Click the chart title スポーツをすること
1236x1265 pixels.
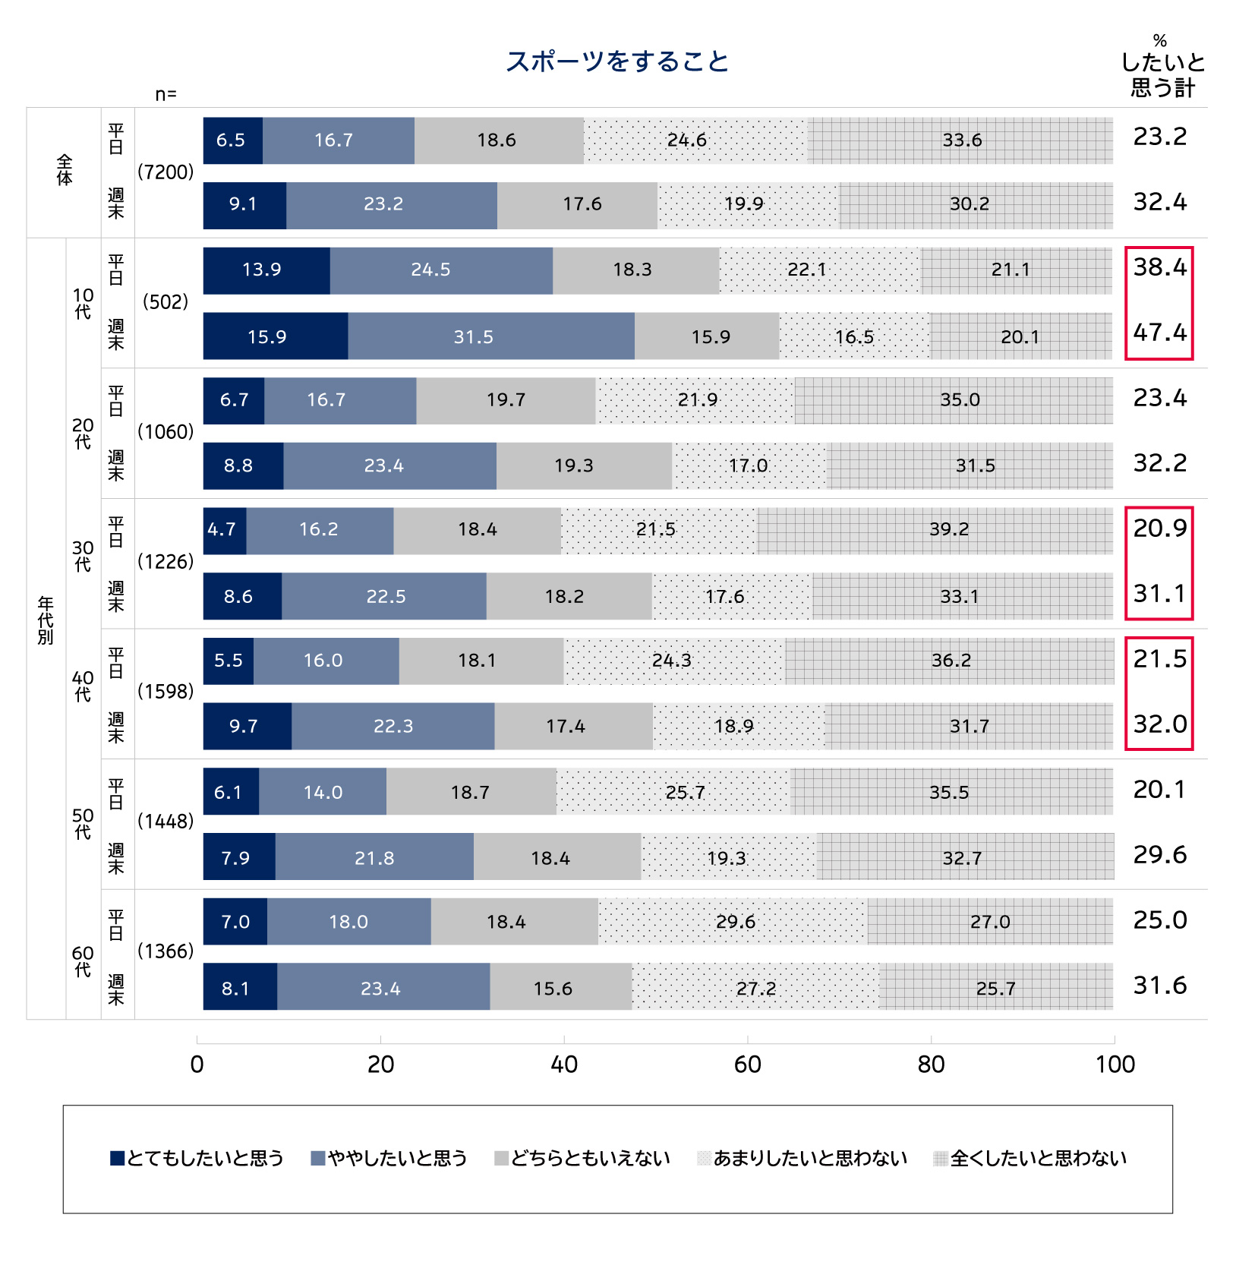click(617, 62)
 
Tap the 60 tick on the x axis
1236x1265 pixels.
click(747, 1064)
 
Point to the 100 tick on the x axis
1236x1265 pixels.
click(1114, 1064)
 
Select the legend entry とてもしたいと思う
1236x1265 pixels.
click(197, 1158)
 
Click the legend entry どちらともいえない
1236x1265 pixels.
click(582, 1158)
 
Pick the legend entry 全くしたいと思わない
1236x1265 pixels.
click(1030, 1158)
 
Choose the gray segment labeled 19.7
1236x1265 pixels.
click(506, 400)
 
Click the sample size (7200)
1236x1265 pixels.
click(166, 172)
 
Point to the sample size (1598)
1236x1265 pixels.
click(166, 692)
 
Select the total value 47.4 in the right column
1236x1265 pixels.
click(1159, 333)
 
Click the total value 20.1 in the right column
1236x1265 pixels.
click(1159, 790)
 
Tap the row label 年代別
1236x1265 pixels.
click(46, 621)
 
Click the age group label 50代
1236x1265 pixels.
click(83, 823)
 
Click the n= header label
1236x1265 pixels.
click(166, 94)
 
